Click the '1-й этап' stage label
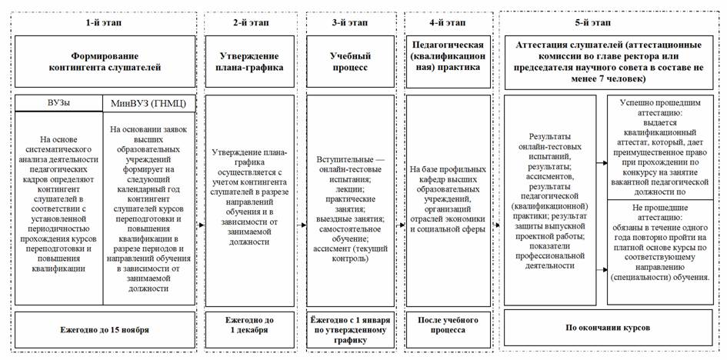(x=102, y=23)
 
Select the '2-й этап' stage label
(x=251, y=23)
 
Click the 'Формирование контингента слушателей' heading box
(x=102, y=62)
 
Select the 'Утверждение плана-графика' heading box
(x=251, y=62)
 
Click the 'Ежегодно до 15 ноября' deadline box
(x=102, y=329)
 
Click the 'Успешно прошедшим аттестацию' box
(x=662, y=146)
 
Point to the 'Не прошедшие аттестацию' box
(x=662, y=250)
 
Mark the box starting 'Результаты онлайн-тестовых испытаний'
(x=550, y=200)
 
